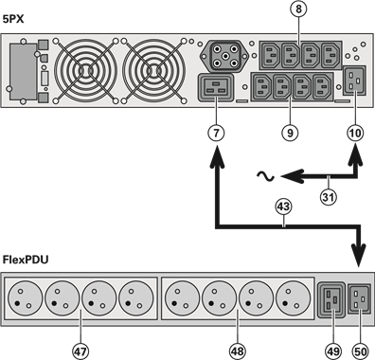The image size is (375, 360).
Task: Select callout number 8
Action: (297, 10)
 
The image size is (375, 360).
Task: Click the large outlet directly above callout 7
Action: (213, 88)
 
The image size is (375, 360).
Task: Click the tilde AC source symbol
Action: (269, 175)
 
